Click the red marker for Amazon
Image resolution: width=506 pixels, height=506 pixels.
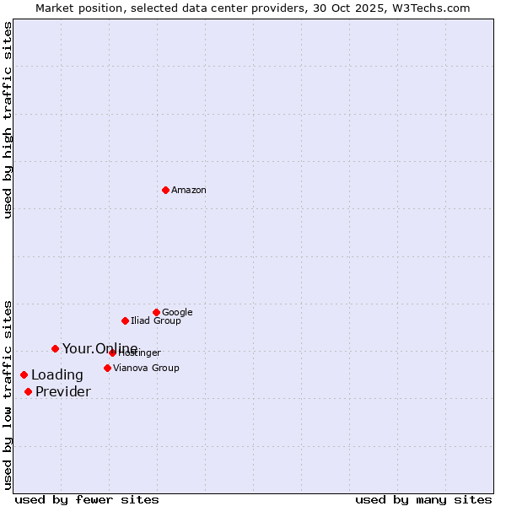(165, 190)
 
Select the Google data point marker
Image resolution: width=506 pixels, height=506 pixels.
(156, 312)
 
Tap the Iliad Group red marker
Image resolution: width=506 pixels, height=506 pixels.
(125, 320)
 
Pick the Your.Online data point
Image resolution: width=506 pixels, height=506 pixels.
(55, 348)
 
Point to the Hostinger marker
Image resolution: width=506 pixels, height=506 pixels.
(112, 353)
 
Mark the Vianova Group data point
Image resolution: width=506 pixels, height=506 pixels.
(107, 368)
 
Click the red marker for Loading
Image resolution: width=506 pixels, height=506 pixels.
(24, 374)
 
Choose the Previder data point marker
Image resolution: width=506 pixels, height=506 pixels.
(28, 391)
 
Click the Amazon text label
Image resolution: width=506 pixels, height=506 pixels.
(189, 191)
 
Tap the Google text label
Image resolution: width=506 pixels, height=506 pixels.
(177, 313)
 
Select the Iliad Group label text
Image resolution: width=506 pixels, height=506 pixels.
(156, 321)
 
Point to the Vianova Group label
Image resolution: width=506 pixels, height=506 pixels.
(146, 369)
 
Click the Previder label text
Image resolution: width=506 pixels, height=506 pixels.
(63, 392)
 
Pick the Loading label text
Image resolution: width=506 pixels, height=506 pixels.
(57, 375)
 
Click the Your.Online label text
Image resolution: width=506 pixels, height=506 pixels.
(100, 349)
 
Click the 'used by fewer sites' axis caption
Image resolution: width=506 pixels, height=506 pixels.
(87, 500)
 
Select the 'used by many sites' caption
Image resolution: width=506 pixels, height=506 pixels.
(423, 500)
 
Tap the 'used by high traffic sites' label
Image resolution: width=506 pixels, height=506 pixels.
(8, 120)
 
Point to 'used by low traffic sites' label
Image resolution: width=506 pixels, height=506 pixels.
(8, 395)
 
